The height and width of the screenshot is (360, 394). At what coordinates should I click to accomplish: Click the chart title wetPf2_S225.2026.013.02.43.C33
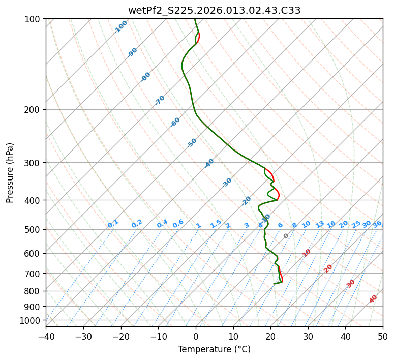pyautogui.click(x=214, y=10)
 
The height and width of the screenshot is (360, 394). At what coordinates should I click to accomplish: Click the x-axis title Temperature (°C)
pyautogui.click(x=214, y=349)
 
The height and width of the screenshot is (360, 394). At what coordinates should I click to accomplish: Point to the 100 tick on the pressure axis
pyautogui.click(x=34, y=19)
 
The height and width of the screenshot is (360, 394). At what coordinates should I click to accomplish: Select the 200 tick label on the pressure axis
pyautogui.click(x=34, y=109)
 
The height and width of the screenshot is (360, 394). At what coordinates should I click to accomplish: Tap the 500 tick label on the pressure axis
pyautogui.click(x=34, y=229)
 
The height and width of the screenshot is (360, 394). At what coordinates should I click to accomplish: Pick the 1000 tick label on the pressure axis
pyautogui.click(x=32, y=320)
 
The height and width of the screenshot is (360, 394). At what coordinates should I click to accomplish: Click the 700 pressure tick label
pyautogui.click(x=34, y=274)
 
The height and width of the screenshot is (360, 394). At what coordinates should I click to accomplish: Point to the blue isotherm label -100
pyautogui.click(x=120, y=27)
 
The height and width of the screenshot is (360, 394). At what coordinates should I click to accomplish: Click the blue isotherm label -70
pyautogui.click(x=160, y=100)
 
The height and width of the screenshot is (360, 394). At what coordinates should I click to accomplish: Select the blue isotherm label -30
pyautogui.click(x=227, y=183)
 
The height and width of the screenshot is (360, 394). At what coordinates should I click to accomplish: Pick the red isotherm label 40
pyautogui.click(x=373, y=299)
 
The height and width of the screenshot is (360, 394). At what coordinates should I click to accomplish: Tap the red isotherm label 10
pyautogui.click(x=307, y=253)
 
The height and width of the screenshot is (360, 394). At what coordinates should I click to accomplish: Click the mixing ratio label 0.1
pyautogui.click(x=113, y=224)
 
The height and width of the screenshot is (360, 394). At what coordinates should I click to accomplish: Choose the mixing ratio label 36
pyautogui.click(x=377, y=224)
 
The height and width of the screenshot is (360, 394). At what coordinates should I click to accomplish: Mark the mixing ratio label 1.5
pyautogui.click(x=216, y=223)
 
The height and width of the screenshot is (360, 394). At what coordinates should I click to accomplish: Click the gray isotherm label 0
pyautogui.click(x=286, y=236)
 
